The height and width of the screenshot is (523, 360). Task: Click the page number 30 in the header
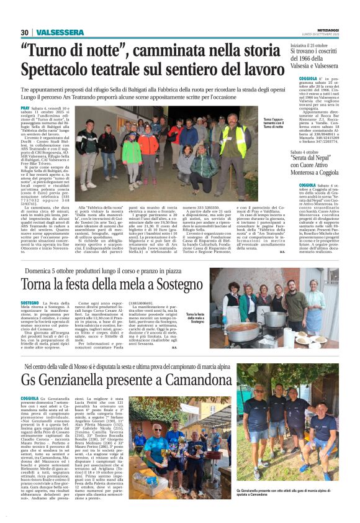coord(25,32)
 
